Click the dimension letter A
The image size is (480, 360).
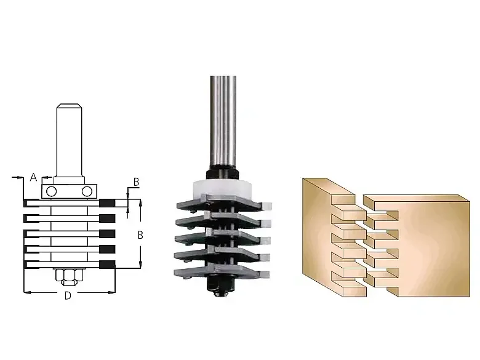pyautogui.click(x=33, y=177)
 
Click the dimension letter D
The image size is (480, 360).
pyautogui.click(x=68, y=295)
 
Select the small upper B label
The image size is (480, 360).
pyautogui.click(x=136, y=182)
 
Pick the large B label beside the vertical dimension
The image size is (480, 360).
pyautogui.click(x=140, y=235)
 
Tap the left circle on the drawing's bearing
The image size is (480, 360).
pyautogui.click(x=51, y=191)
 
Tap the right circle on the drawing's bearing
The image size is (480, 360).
pyautogui.click(x=87, y=191)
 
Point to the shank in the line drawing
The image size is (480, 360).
pyautogui.click(x=69, y=140)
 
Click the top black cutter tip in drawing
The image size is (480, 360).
pyautogui.click(x=107, y=202)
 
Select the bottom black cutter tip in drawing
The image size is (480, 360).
pyautogui.click(x=107, y=265)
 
